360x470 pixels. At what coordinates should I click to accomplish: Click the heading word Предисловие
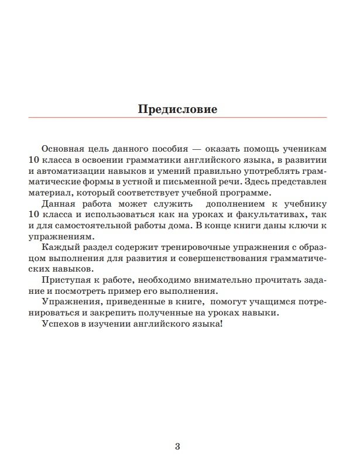pos(177,109)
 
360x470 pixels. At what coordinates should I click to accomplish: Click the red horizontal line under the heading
pos(177,118)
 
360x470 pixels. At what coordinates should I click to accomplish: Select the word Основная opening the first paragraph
pos(61,149)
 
